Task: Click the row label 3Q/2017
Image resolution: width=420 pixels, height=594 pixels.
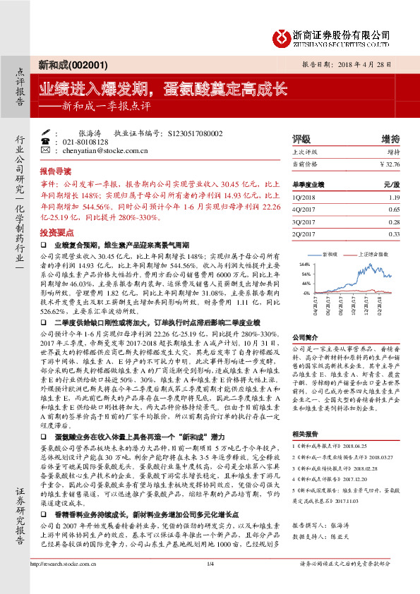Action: coord(304,222)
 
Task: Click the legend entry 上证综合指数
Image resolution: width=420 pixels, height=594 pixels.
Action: coord(378,251)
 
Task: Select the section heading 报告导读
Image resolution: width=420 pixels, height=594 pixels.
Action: coord(55,171)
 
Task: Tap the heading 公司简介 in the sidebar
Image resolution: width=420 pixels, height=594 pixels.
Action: coord(306,337)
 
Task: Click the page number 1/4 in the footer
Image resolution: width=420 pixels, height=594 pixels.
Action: coord(210,583)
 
